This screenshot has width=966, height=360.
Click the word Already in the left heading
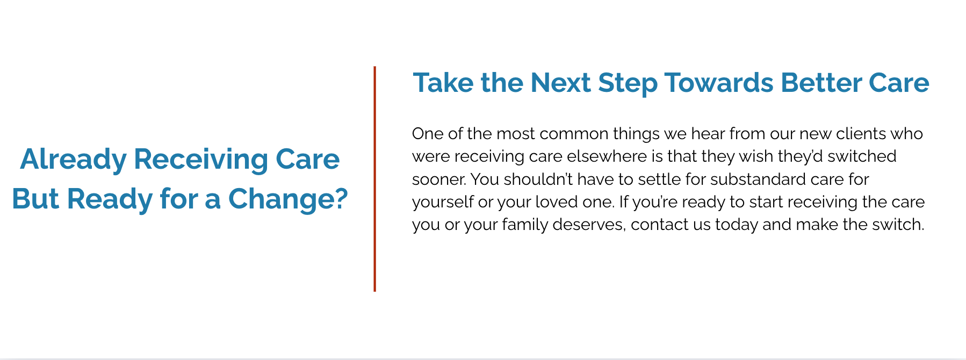coord(74,160)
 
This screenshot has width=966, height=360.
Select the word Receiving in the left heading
coord(201,160)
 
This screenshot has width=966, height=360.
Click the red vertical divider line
coord(374,179)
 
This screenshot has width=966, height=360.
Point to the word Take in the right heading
coord(443,83)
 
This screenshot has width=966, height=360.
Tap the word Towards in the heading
coord(719,83)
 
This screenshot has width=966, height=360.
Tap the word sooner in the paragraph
coord(438,179)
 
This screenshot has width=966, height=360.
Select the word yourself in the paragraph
coord(443,202)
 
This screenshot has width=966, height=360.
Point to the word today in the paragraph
coord(736,225)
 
